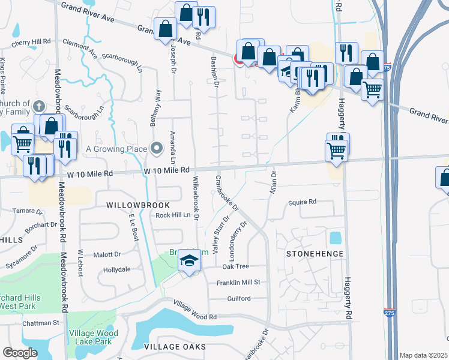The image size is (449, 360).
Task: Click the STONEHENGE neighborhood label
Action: (315, 254)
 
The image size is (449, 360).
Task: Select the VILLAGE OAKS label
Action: (175, 347)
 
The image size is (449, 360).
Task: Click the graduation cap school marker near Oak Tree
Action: (190, 261)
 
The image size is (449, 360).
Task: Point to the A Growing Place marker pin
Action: (157, 148)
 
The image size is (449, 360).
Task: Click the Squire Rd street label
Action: (302, 202)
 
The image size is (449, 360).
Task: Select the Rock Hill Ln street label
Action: (172, 215)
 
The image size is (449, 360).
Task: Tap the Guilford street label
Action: (238, 298)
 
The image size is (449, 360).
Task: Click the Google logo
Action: (20, 352)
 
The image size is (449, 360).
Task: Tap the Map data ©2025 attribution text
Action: (423, 355)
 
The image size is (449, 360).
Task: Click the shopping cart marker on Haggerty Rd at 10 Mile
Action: (337, 149)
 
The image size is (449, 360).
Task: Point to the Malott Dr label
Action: (108, 254)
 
